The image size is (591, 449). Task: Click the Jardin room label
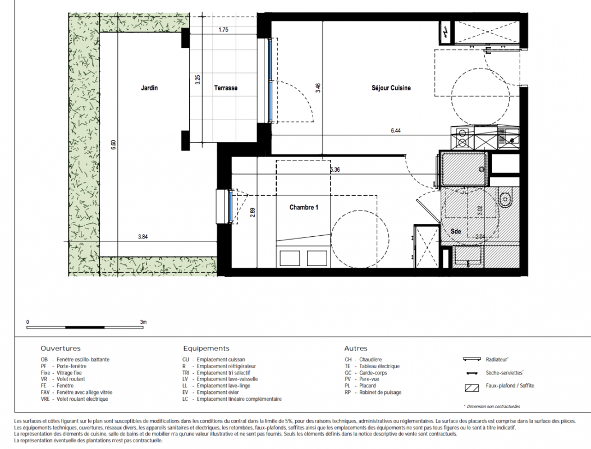[x=149, y=88]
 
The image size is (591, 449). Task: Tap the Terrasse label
[x=226, y=88]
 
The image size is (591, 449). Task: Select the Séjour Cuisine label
[x=391, y=88]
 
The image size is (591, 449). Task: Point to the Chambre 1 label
[x=304, y=207]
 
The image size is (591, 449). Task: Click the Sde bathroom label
[x=456, y=231]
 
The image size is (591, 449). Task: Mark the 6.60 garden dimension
[x=113, y=145]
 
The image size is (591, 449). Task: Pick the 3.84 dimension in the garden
[x=143, y=237]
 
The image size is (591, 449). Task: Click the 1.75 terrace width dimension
[x=223, y=29]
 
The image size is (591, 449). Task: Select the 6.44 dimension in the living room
[x=396, y=130]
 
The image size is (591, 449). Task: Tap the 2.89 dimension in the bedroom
[x=253, y=212]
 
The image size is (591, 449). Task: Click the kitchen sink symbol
[x=509, y=138]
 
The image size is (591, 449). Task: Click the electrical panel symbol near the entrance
[x=446, y=33]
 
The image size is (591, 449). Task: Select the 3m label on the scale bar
[x=143, y=322]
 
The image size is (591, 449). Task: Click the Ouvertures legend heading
[x=61, y=349]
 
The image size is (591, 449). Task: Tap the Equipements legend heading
[x=206, y=349]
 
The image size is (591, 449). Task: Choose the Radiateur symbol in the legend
[x=471, y=359]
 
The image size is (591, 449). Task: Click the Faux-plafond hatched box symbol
[x=471, y=388]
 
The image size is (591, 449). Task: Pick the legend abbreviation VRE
[x=45, y=399]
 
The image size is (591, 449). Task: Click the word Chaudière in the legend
[x=370, y=360]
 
